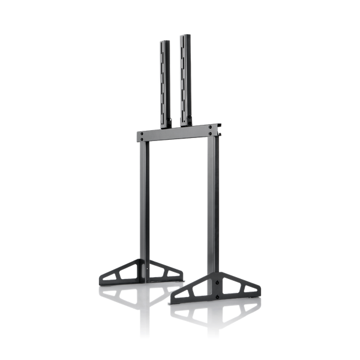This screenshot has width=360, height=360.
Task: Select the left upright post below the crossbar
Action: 142,204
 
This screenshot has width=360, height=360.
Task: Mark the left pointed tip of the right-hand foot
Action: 172,298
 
